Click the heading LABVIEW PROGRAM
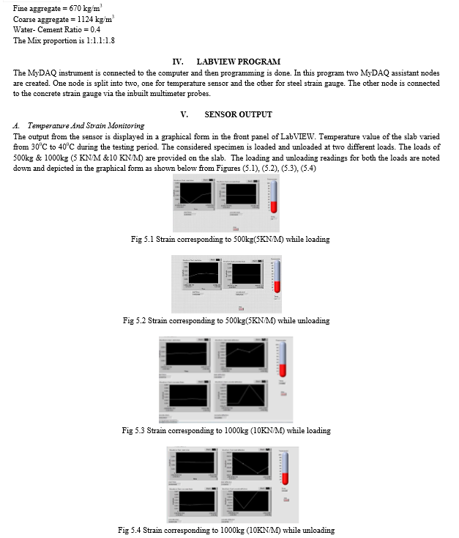[238, 62]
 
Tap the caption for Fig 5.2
[226, 320]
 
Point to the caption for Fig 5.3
[226, 430]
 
